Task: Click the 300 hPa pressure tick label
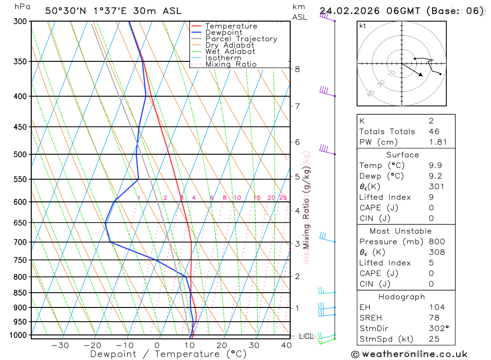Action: [x=20, y=22]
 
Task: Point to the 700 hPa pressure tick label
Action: [x=20, y=242]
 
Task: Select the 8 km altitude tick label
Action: [x=297, y=69]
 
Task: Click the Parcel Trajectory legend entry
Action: [x=241, y=39]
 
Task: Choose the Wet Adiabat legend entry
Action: [x=230, y=52]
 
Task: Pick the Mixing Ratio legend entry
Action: [x=231, y=64]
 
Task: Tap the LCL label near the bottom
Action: [x=306, y=336]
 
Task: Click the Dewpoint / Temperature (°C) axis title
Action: [x=168, y=354]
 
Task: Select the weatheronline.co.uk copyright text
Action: [x=409, y=354]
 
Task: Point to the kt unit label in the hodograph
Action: [x=362, y=26]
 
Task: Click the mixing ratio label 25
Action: [x=283, y=198]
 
